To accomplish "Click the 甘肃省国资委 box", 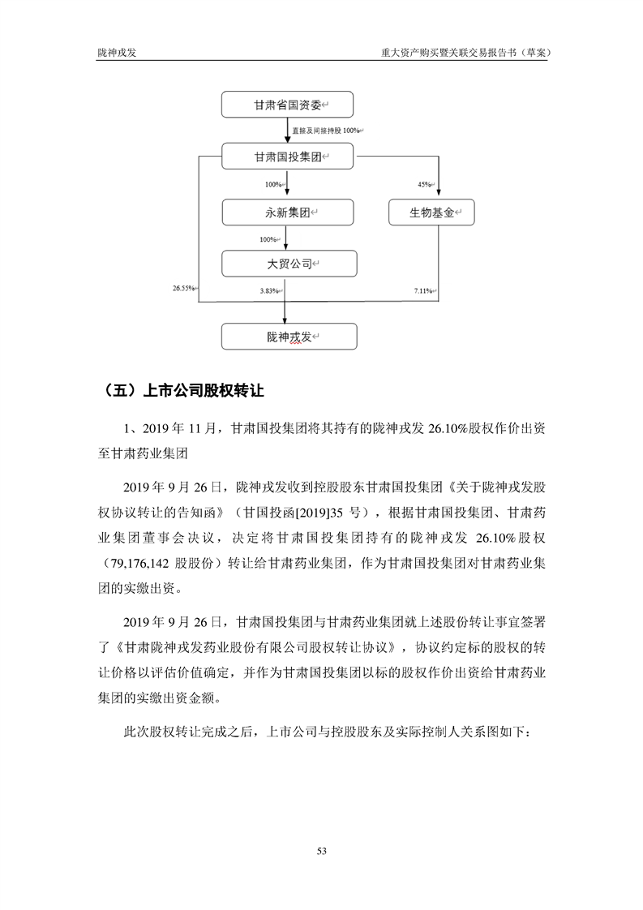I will click(x=288, y=105).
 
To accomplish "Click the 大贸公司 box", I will click(x=288, y=264).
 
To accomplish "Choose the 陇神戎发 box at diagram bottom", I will click(x=288, y=336).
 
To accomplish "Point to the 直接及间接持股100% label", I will click(x=328, y=130).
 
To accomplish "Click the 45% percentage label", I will click(x=423, y=185).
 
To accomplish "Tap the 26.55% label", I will click(x=184, y=289).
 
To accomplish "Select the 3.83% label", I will click(x=269, y=290).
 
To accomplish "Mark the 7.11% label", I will click(x=423, y=290).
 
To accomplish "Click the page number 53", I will click(x=321, y=851).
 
